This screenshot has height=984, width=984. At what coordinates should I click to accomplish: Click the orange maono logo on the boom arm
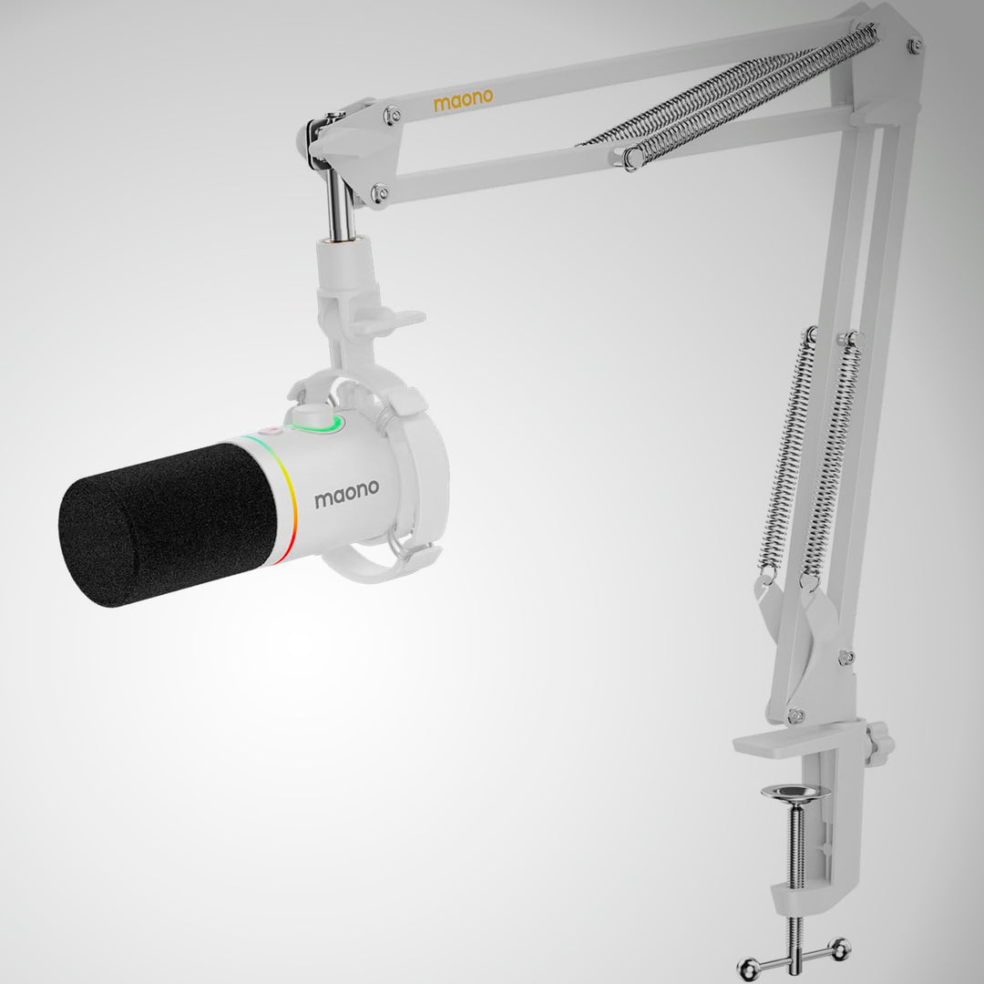click(463, 100)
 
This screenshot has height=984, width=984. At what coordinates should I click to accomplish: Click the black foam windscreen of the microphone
click(169, 525)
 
